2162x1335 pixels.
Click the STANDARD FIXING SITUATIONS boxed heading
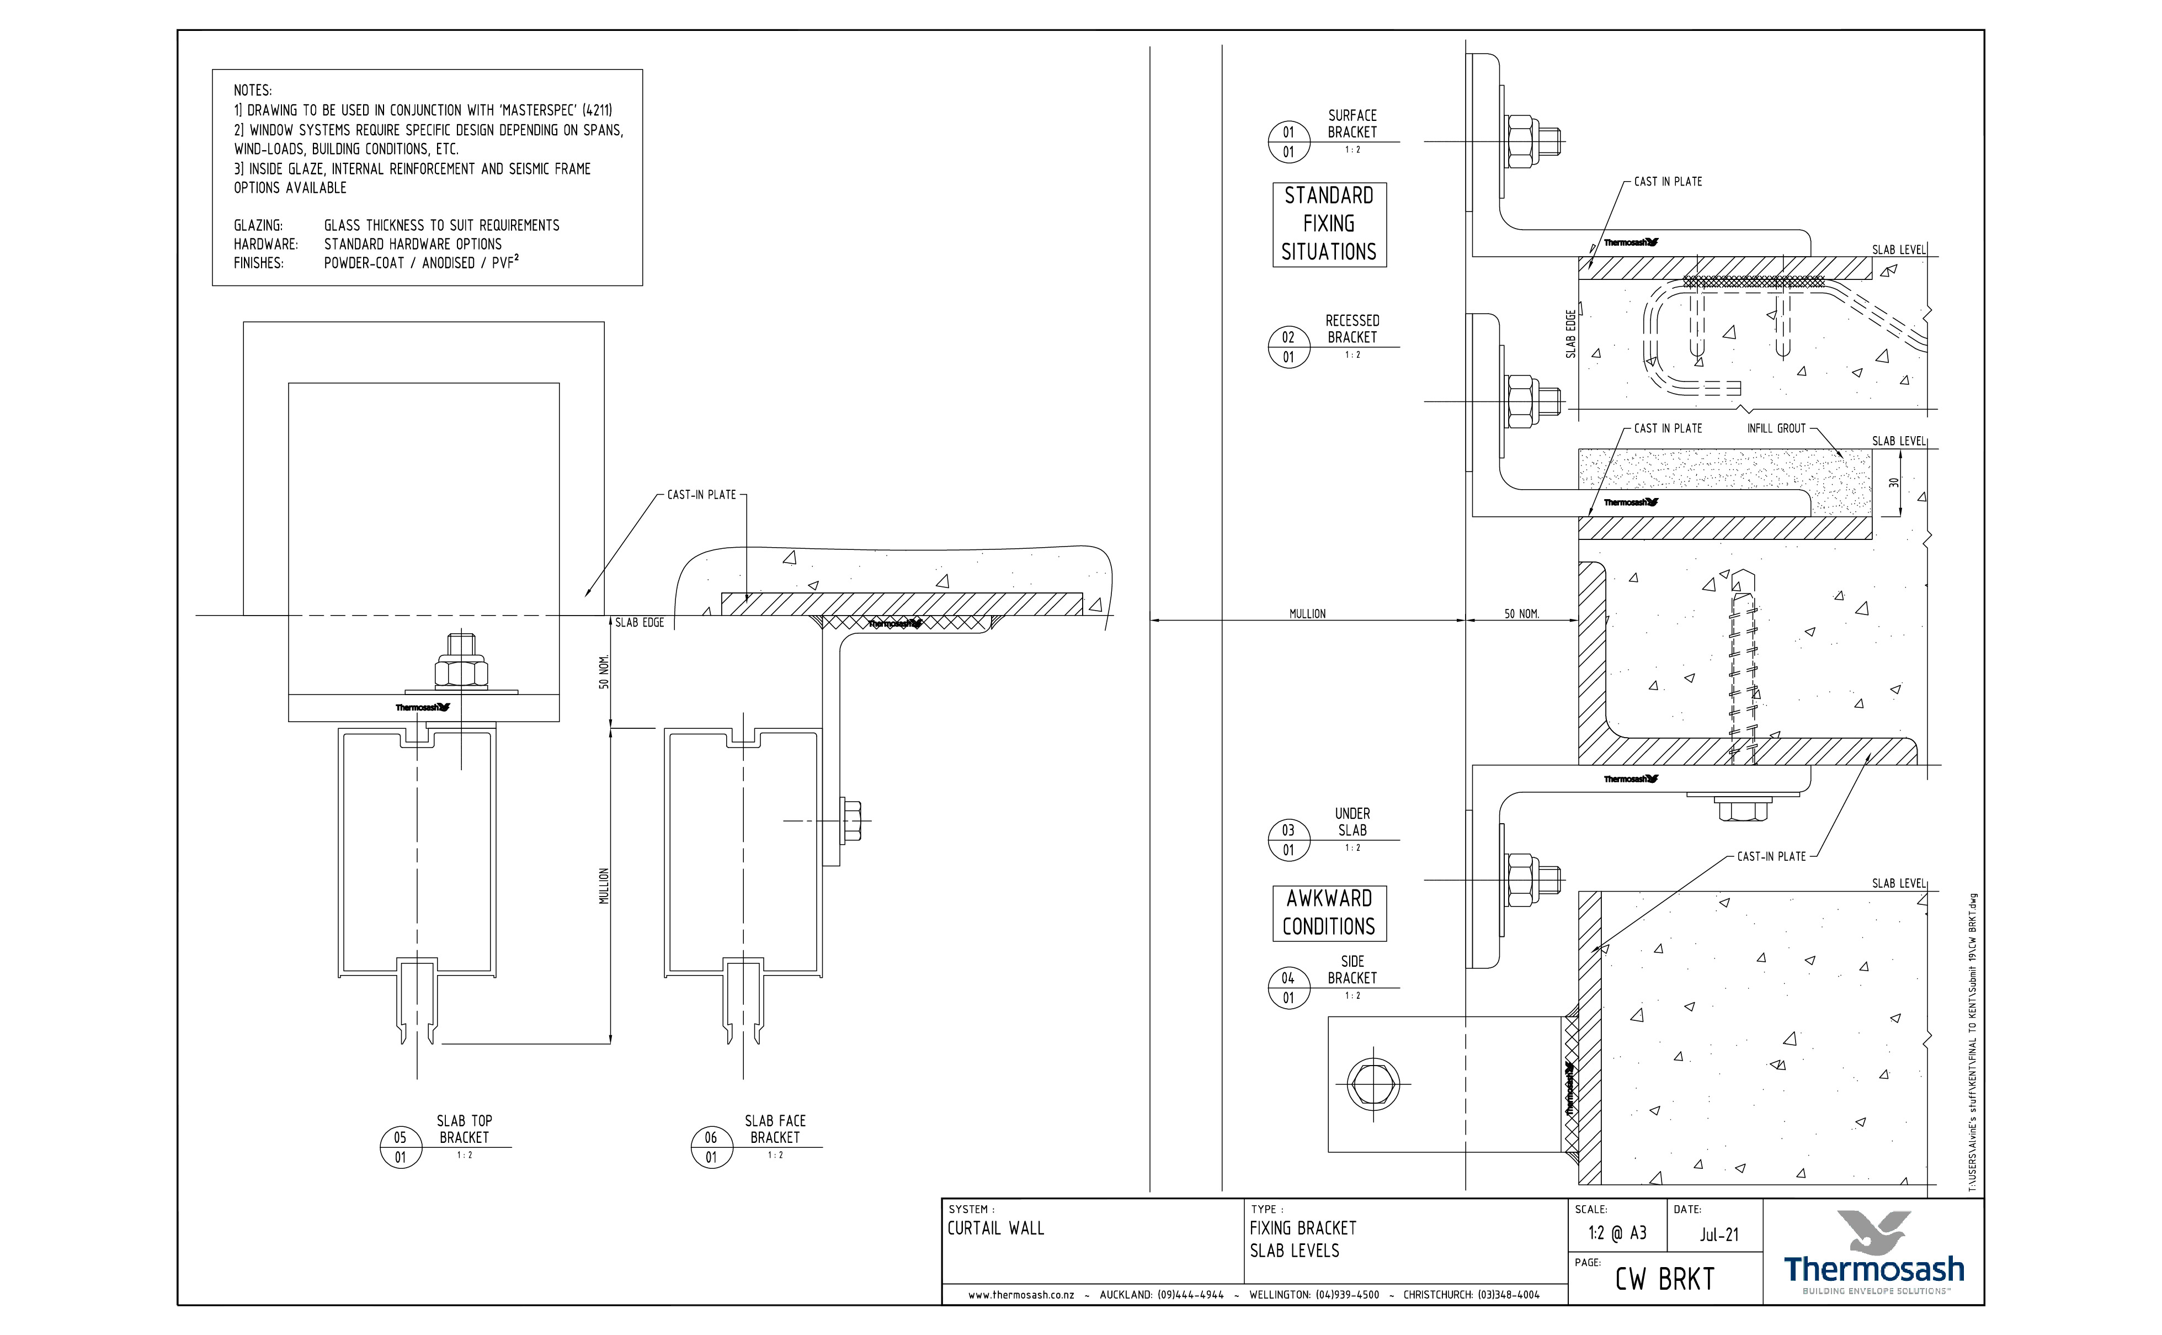point(1329,224)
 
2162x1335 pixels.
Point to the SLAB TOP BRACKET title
point(464,1129)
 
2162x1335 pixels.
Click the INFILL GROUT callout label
point(1776,428)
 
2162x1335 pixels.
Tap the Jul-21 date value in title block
point(1719,1235)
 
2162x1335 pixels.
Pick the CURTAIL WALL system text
point(995,1228)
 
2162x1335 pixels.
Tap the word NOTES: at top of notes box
point(252,90)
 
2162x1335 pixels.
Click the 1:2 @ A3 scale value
point(1617,1233)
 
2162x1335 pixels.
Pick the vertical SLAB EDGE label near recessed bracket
point(1571,333)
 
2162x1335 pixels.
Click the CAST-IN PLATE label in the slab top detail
point(701,495)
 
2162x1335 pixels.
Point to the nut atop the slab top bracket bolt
point(461,673)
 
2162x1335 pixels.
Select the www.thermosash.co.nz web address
point(1021,1295)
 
